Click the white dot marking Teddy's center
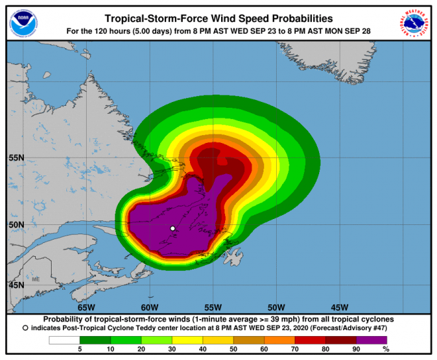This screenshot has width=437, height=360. (x=173, y=228)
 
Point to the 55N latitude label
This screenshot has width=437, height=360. (x=16, y=157)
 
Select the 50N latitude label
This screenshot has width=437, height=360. (x=16, y=224)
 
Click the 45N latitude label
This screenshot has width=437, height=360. (x=16, y=285)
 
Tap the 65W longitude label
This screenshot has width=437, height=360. (x=86, y=307)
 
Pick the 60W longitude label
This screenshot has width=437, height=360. (x=150, y=307)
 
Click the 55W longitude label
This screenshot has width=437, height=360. (x=213, y=307)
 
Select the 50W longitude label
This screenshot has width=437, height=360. (x=276, y=307)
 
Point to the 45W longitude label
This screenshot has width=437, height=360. (x=339, y=307)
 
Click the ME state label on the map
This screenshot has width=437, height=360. (x=36, y=279)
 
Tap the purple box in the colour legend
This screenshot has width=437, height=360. (x=373, y=340)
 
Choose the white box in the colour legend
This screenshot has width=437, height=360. (x=64, y=340)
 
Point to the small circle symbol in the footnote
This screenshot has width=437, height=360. (x=25, y=328)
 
